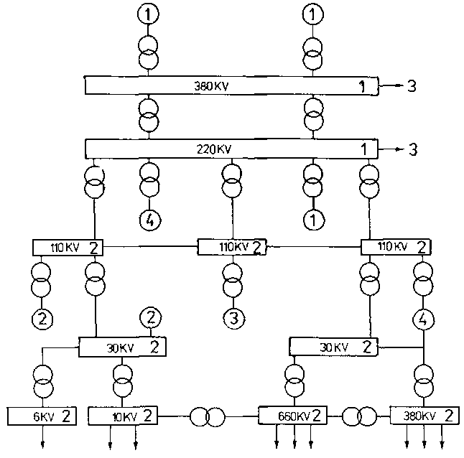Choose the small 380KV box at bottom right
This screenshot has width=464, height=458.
coord(424,415)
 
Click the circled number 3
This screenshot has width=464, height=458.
coord(231,316)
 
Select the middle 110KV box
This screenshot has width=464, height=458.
coord(231,248)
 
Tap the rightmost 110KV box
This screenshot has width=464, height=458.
coord(394,248)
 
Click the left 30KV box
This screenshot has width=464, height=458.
coord(123,348)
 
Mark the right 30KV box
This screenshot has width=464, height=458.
coord(333,347)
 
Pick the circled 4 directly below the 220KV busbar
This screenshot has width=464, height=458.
coord(149,220)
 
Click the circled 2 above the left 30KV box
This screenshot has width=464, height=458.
coord(150,316)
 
